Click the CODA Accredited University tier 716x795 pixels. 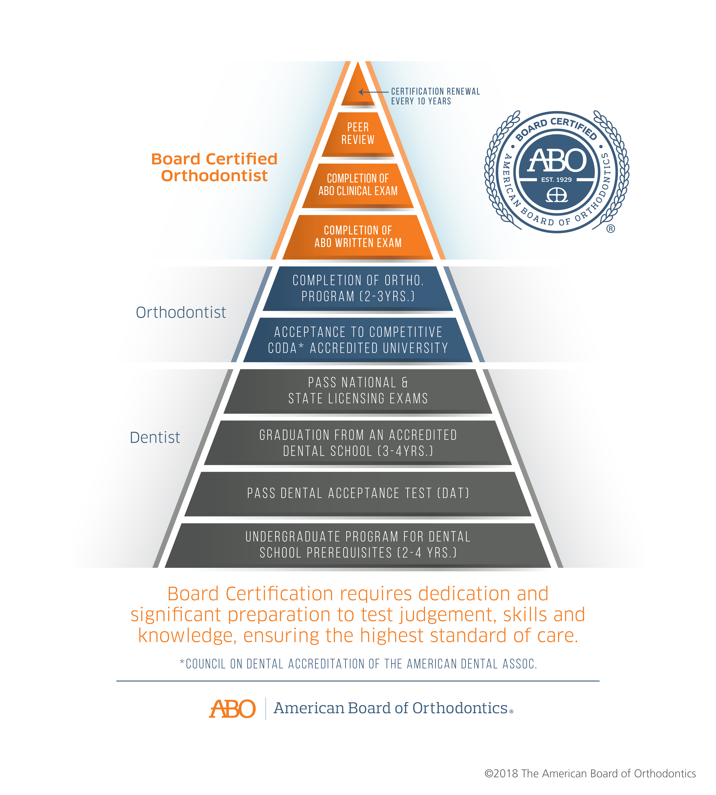(x=358, y=340)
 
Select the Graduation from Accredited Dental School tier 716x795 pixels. (x=358, y=443)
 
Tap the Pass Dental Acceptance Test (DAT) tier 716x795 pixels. (x=358, y=494)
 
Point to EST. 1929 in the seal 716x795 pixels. (x=556, y=180)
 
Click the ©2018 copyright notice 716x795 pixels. (x=590, y=773)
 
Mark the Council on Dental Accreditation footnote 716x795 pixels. (x=358, y=664)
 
